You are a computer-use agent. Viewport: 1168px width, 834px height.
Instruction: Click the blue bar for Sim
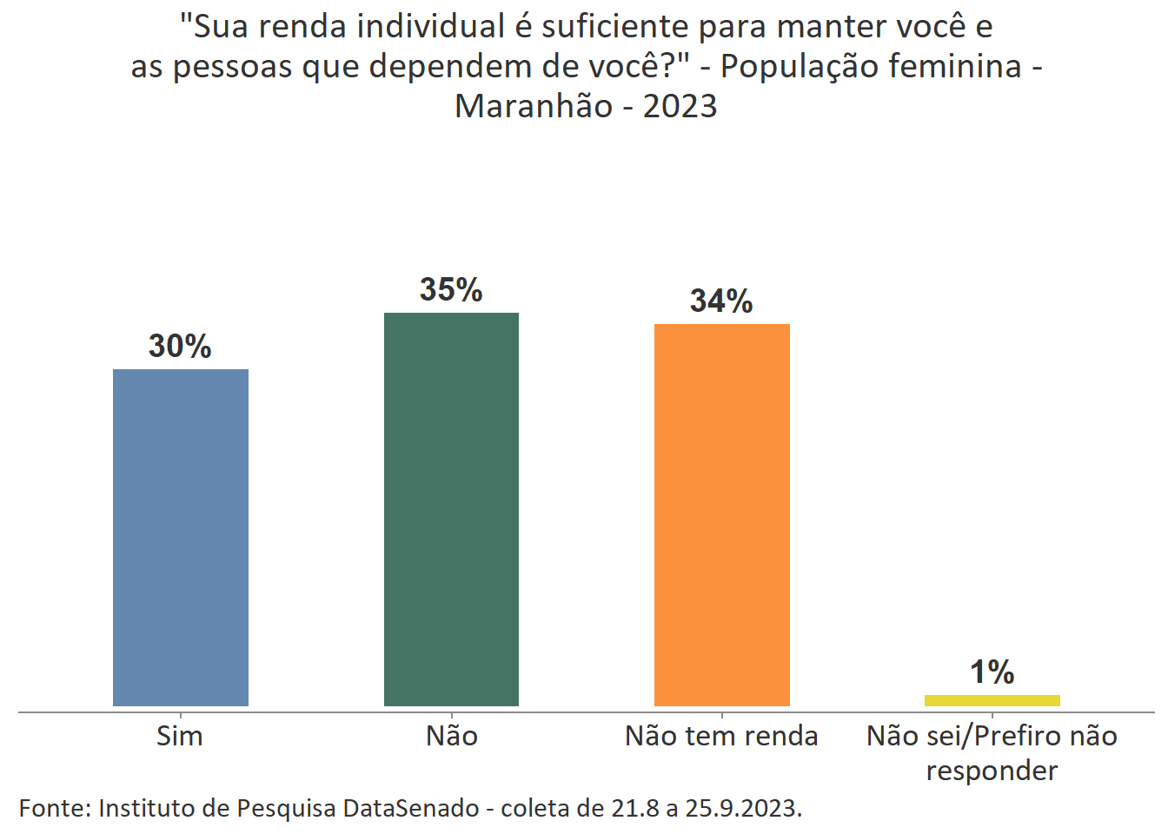181,537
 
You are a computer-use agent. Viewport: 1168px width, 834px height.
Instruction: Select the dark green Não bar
451,509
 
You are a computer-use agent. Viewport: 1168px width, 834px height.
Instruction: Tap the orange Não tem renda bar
721,514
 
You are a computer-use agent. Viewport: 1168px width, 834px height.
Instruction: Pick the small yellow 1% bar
992,700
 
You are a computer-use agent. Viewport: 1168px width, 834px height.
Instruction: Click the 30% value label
180,347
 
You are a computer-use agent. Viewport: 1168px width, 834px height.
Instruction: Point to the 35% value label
451,290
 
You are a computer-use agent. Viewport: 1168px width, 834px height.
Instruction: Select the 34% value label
721,301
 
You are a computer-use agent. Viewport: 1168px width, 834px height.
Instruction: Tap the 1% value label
992,672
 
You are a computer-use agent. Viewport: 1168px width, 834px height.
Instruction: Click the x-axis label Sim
180,737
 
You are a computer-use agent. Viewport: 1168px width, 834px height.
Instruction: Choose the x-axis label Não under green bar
451,737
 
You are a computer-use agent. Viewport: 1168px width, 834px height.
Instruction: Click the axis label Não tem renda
721,737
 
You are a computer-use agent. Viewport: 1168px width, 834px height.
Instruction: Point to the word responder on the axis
992,771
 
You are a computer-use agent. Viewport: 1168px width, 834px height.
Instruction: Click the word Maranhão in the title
534,106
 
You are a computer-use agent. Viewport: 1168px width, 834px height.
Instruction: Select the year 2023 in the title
680,106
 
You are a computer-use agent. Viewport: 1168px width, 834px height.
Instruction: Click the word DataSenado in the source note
410,809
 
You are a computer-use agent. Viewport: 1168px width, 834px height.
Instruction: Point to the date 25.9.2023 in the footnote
740,809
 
